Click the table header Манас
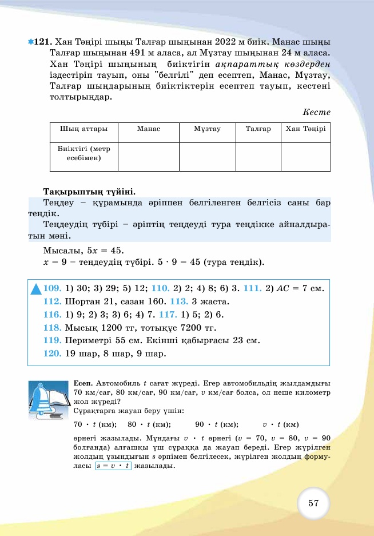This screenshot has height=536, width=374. point(149,129)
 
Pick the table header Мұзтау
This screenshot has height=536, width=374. point(207,129)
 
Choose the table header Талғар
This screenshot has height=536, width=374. point(258,129)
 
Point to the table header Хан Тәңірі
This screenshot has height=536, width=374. point(305,129)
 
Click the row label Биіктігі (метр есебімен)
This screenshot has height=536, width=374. point(84,153)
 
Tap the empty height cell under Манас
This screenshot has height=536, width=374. point(149,157)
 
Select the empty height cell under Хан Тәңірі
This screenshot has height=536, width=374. point(305,157)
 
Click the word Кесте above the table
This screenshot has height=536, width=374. point(317,112)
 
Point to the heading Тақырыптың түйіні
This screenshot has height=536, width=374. point(89,190)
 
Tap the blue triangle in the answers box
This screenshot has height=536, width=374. point(36,289)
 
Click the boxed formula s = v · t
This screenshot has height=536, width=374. point(113,466)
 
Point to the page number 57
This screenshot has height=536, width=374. point(313,503)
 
